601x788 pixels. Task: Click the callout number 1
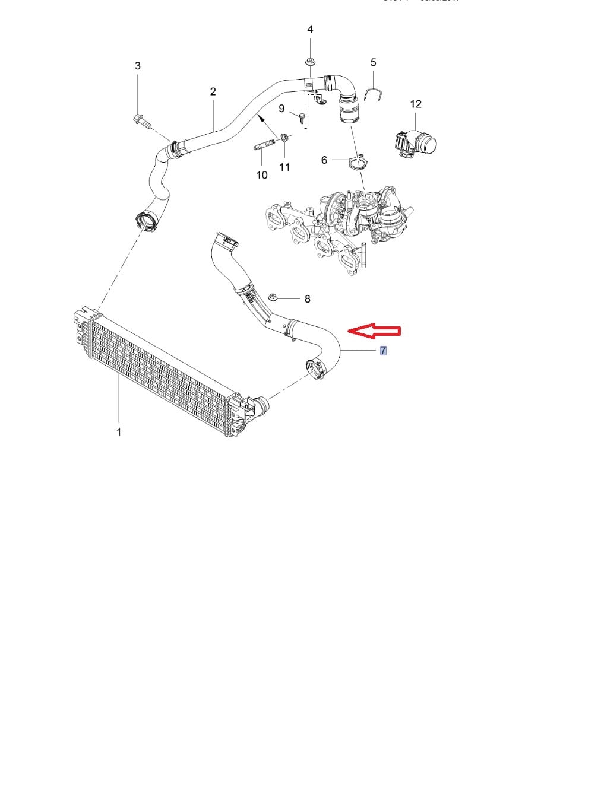(119, 432)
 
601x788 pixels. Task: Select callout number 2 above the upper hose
(213, 91)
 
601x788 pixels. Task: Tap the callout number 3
(138, 66)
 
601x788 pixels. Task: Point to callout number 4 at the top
(310, 29)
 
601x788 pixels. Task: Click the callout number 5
(374, 62)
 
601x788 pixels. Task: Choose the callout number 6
(324, 160)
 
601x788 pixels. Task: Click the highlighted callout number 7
(384, 351)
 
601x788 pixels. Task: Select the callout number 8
(307, 299)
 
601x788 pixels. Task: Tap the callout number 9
(282, 109)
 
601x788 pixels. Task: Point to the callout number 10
(262, 175)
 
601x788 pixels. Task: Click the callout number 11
(284, 167)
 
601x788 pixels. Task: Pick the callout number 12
(416, 104)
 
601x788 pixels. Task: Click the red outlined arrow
(374, 331)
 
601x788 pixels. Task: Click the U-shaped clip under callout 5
(373, 94)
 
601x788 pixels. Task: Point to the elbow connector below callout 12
(415, 144)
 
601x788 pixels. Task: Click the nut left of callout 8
(274, 297)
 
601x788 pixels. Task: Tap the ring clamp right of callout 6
(359, 161)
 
